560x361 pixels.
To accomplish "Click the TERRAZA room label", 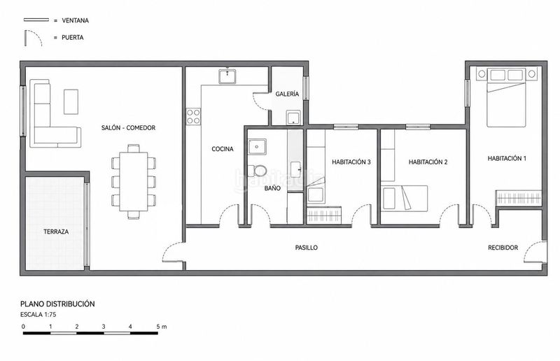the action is point(56,232).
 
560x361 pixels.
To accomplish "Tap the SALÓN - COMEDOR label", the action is point(128,128).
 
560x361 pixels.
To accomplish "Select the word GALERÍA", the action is point(287,94).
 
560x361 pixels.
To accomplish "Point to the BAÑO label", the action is point(272,188).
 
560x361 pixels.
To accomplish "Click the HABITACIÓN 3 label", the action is point(351,162).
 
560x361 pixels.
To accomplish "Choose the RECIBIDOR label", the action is point(503,248).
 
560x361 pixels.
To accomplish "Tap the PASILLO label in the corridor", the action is point(307,248).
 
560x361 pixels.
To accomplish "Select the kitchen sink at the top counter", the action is point(227,76).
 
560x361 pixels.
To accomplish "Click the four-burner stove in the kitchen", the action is point(193,117).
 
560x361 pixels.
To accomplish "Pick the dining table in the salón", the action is point(134,182).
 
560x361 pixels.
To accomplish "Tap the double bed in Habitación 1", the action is point(506,104).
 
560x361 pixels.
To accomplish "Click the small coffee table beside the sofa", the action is point(71,101).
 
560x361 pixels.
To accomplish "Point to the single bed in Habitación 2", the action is point(405,199).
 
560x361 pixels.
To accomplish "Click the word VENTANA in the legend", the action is point(76,21).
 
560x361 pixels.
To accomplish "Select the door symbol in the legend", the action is point(33,38).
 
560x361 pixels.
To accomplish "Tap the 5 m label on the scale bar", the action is point(162,326).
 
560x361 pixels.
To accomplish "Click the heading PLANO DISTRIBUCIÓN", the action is point(57,304).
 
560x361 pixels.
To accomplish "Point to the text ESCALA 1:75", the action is point(38,315).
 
